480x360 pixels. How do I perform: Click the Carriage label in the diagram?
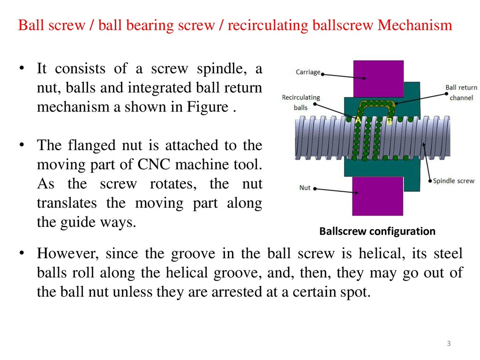pyautogui.click(x=308, y=72)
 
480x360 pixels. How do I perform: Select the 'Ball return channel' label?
pyautogui.click(x=461, y=92)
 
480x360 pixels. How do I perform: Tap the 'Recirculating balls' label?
pyautogui.click(x=300, y=102)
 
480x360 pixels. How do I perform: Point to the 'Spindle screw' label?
pyautogui.click(x=453, y=180)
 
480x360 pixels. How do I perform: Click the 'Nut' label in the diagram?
pyautogui.click(x=305, y=188)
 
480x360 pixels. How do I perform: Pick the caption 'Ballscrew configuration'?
pyautogui.click(x=377, y=231)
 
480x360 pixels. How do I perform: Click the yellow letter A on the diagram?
pyautogui.click(x=358, y=120)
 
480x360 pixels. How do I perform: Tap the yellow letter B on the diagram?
pyautogui.click(x=389, y=121)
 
